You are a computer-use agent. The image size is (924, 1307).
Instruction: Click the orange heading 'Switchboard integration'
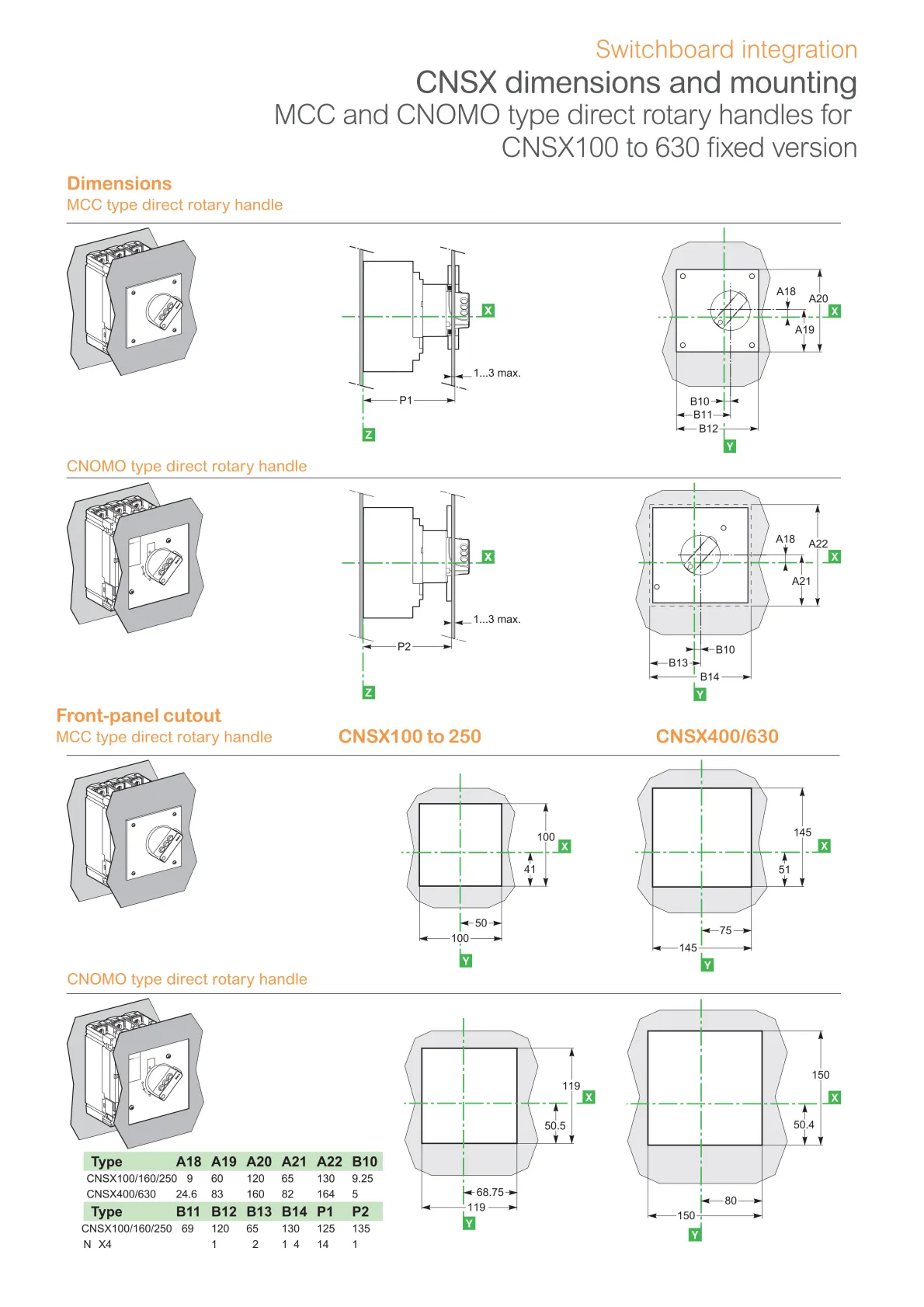[726, 50]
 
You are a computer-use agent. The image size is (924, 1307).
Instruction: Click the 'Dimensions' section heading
[119, 183]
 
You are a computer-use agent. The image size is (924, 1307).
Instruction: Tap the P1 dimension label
[405, 400]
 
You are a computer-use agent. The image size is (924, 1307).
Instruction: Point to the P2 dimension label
[404, 646]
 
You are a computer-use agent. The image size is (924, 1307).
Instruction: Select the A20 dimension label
[818, 299]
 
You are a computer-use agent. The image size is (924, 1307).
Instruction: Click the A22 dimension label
[818, 544]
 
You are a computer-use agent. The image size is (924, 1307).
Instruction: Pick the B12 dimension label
[708, 429]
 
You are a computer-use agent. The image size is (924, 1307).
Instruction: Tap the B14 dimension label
[710, 677]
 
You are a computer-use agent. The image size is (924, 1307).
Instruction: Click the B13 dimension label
[678, 663]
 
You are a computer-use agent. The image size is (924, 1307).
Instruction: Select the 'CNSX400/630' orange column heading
[717, 736]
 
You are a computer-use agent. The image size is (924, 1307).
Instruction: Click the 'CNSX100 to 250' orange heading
[409, 736]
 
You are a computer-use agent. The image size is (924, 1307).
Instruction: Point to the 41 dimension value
[530, 869]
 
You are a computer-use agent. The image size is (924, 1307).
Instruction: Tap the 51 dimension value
[784, 869]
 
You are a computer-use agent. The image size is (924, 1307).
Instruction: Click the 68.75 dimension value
[490, 1192]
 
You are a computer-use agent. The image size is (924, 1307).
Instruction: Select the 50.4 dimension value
[804, 1125]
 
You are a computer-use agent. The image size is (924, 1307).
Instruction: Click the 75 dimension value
[725, 930]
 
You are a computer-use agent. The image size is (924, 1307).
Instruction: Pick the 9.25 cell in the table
[363, 1179]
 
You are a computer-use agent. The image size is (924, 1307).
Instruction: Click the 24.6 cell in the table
[186, 1194]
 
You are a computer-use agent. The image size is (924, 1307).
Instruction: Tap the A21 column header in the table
[294, 1162]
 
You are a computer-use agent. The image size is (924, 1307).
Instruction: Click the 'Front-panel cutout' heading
[138, 715]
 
